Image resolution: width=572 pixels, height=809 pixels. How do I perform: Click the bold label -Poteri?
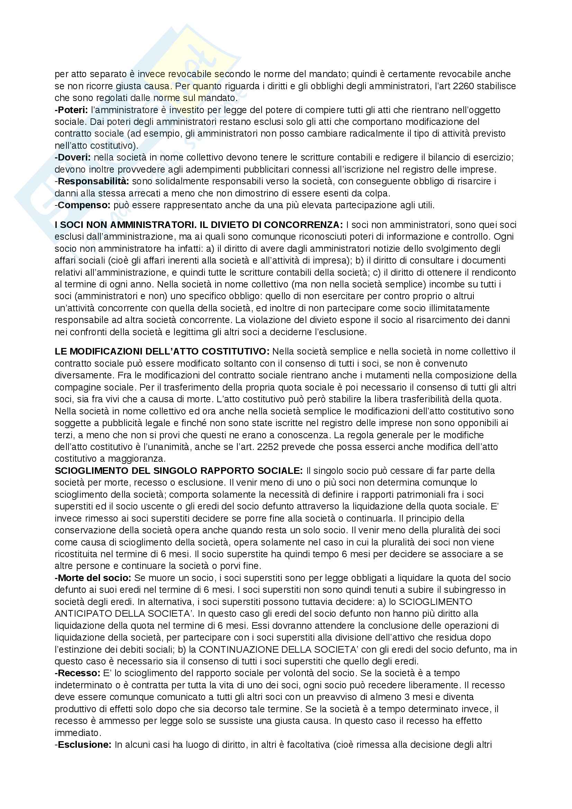click(x=71, y=110)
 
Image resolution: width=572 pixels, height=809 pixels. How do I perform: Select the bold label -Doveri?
click(x=73, y=157)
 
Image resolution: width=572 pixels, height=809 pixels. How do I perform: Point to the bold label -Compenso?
click(x=83, y=205)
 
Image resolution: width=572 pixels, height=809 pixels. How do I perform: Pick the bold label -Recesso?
click(x=78, y=673)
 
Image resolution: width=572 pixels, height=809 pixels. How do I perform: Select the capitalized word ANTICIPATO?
click(x=83, y=614)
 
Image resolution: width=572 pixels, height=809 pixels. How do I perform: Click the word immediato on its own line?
click(x=78, y=733)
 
